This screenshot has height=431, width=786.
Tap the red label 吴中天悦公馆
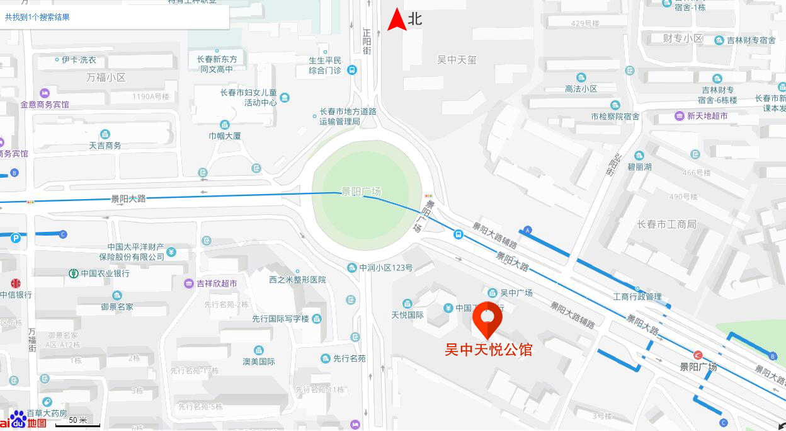489,350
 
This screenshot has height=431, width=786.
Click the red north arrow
396,20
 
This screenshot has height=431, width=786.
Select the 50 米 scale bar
77,423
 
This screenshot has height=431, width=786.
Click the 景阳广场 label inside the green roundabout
361,192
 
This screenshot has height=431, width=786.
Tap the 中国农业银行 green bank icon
74,273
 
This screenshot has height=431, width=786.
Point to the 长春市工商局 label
666,224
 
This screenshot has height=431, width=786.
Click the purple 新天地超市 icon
680,116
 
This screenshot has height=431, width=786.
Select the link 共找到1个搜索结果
37,17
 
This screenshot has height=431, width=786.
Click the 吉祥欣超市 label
217,284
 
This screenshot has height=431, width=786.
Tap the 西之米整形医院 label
297,279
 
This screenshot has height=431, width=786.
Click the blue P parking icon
16,238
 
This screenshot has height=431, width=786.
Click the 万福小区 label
106,78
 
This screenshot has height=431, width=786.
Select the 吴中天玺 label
457,60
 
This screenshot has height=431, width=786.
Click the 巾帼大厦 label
225,135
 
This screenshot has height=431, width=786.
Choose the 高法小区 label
581,89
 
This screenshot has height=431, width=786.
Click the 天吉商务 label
105,146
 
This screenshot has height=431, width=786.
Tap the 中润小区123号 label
386,268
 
